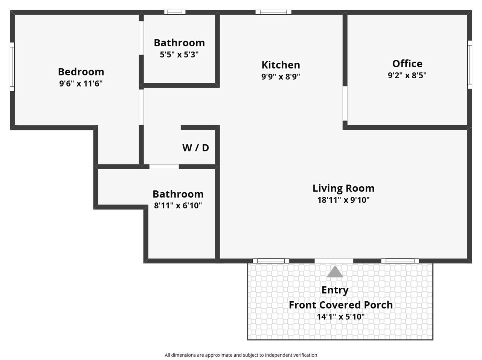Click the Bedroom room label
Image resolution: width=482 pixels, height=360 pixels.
(x=81, y=72)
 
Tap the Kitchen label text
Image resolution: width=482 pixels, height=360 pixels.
(x=281, y=65)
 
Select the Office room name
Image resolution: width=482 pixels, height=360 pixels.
(x=407, y=64)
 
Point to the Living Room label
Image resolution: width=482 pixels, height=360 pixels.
(x=343, y=188)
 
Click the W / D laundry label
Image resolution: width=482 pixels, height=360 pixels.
(x=195, y=148)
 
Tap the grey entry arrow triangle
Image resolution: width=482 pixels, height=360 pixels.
(x=335, y=272)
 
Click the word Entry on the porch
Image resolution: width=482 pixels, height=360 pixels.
(x=335, y=290)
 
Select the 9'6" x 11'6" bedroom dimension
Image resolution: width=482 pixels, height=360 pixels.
(x=81, y=84)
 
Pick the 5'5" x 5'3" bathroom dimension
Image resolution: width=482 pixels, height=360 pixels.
(x=179, y=55)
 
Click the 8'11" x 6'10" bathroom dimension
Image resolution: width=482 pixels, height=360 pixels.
(x=178, y=205)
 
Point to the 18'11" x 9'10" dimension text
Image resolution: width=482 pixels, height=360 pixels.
(x=343, y=200)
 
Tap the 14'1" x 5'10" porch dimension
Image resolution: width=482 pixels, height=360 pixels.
(x=340, y=317)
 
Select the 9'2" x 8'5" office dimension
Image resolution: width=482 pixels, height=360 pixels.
(x=407, y=75)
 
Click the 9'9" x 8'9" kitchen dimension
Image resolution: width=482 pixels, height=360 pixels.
(x=281, y=77)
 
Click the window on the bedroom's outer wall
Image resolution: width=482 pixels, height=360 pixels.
(x=12, y=67)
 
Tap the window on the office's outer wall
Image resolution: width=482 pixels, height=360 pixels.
(x=470, y=65)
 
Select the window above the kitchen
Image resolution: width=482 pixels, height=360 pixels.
(x=273, y=12)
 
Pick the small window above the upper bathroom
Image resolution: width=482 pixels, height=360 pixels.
(x=175, y=12)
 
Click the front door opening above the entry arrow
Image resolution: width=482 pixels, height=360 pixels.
(x=334, y=261)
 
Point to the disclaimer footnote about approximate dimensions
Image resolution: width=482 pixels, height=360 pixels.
(x=241, y=355)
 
